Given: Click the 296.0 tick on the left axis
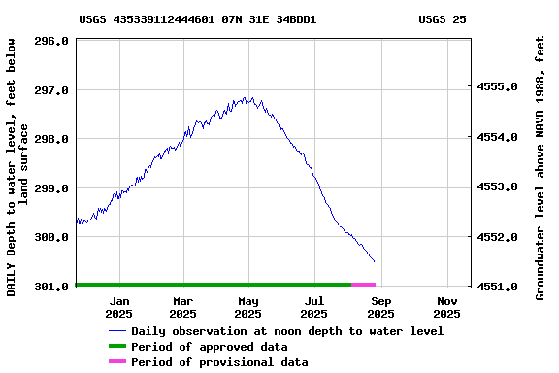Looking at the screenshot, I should [50, 41].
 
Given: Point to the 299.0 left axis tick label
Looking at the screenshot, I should [50, 187].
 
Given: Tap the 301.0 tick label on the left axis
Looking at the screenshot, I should [50, 287].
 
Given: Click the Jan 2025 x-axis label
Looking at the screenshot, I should [118, 307].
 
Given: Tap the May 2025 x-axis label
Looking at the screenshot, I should [248, 307].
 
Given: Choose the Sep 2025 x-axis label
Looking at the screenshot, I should [380, 307].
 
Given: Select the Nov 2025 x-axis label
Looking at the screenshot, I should [446, 307].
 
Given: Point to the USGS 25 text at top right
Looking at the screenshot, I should [442, 18].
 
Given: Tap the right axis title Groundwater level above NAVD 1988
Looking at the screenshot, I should [541, 167].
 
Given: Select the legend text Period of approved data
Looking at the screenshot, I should [209, 347].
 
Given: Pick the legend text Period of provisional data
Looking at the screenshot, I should [219, 362].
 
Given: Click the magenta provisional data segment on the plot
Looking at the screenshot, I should [363, 285].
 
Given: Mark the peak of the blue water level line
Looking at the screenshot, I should [248, 97].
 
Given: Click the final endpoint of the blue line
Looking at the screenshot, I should [375, 261].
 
